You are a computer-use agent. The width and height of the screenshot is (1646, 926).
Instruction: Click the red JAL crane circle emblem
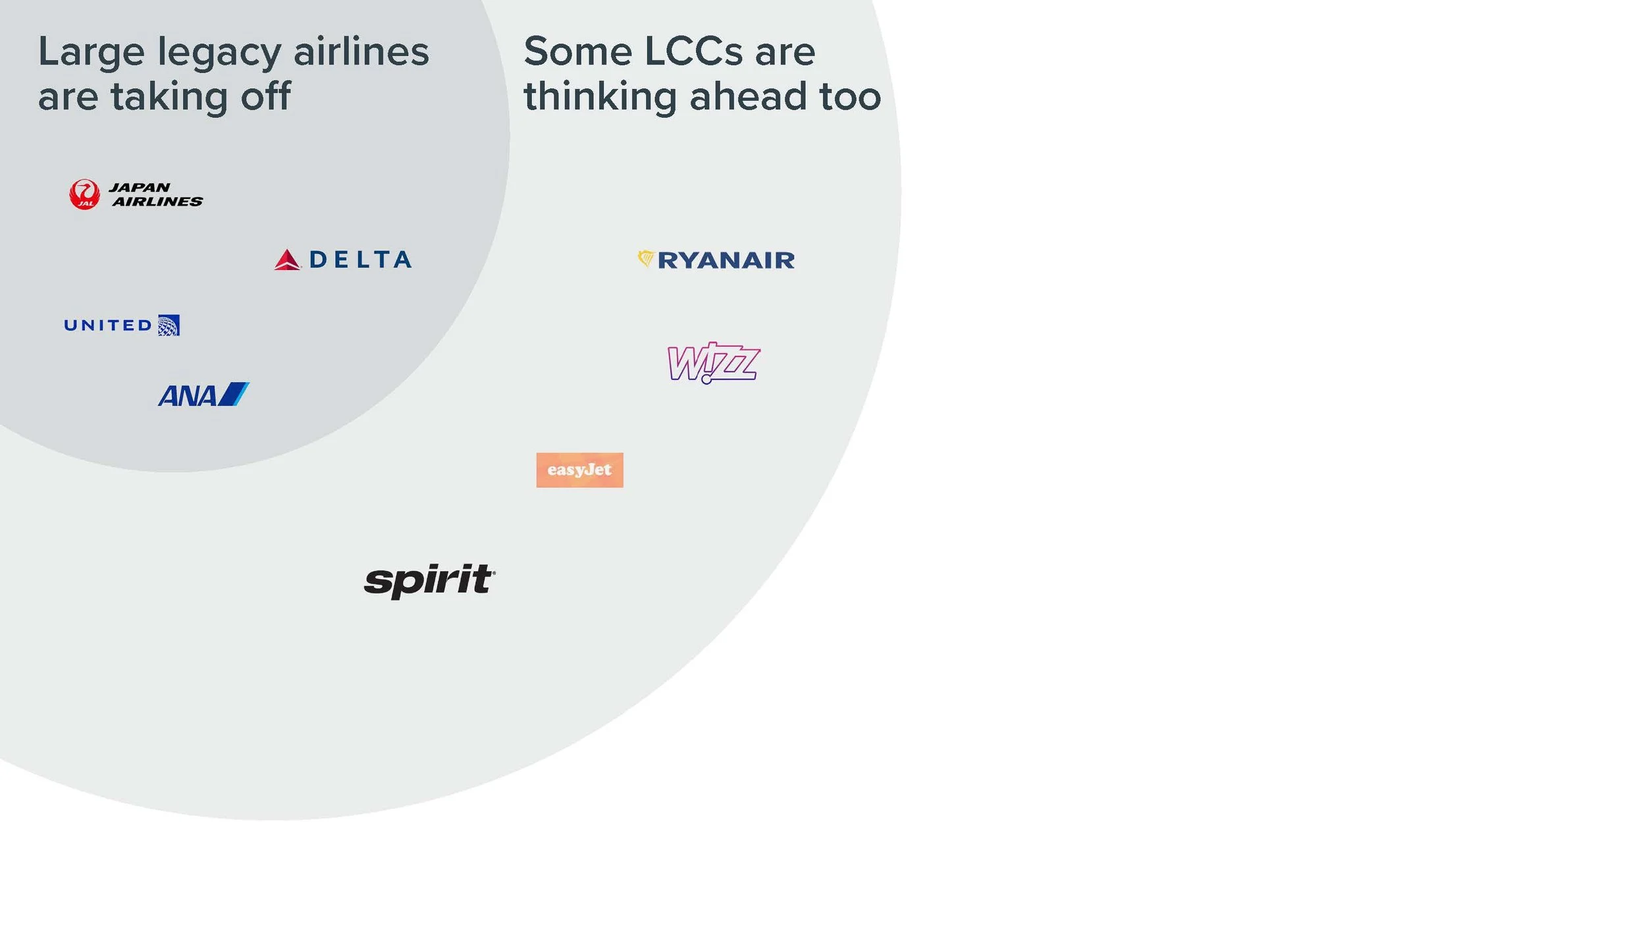pyautogui.click(x=84, y=194)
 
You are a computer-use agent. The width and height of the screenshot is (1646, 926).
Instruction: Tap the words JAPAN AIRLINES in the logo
pyautogui.click(x=157, y=195)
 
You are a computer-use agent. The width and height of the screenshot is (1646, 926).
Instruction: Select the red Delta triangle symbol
pyautogui.click(x=287, y=260)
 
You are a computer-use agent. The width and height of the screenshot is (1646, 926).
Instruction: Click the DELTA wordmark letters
pyautogui.click(x=360, y=259)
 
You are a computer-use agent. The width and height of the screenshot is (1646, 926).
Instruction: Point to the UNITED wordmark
pyautogui.click(x=109, y=325)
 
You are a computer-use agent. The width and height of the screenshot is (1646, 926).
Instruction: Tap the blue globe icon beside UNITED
pyautogui.click(x=169, y=325)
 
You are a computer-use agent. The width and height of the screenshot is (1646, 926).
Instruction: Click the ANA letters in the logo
pyautogui.click(x=188, y=396)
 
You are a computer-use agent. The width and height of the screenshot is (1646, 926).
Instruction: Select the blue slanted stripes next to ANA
pyautogui.click(x=234, y=394)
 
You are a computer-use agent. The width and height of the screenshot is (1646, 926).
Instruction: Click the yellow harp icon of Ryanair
pyautogui.click(x=645, y=258)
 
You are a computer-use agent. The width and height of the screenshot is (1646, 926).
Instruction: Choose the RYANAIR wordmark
pyautogui.click(x=726, y=261)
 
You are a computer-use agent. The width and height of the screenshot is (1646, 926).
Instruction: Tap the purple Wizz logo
pyautogui.click(x=714, y=362)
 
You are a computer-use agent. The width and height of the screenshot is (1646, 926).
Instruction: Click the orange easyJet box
pyautogui.click(x=579, y=470)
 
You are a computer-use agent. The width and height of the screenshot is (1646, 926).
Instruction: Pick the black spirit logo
pyautogui.click(x=429, y=580)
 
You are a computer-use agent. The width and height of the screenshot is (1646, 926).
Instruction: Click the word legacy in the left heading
pyautogui.click(x=219, y=53)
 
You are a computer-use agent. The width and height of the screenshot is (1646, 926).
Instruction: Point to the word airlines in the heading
pyautogui.click(x=361, y=51)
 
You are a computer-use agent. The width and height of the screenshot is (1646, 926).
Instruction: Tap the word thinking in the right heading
pyautogui.click(x=600, y=97)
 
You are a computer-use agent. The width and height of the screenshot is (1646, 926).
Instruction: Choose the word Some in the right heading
pyautogui.click(x=577, y=51)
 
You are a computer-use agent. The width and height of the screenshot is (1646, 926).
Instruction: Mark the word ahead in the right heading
pyautogui.click(x=748, y=96)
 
